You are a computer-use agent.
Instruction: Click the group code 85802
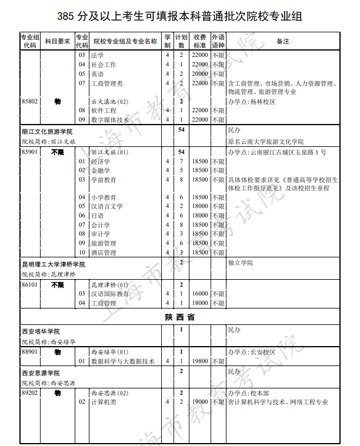(29, 101)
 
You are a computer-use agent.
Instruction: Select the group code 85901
(29, 152)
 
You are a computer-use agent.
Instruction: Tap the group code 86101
(29, 284)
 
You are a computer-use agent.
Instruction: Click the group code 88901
(29, 351)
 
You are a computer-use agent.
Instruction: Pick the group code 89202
(29, 393)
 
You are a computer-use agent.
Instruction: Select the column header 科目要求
(58, 41)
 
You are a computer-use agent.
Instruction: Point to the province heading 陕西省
(180, 317)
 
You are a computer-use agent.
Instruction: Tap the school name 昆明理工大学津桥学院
(54, 264)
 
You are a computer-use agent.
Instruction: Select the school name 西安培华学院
(41, 331)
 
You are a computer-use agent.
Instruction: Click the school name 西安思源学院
(41, 373)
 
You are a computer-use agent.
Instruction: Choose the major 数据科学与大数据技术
(122, 361)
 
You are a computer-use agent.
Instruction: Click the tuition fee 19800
(201, 361)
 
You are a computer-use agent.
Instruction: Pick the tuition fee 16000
(201, 294)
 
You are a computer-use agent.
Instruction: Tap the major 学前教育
(104, 180)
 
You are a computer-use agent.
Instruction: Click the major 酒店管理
(104, 252)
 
